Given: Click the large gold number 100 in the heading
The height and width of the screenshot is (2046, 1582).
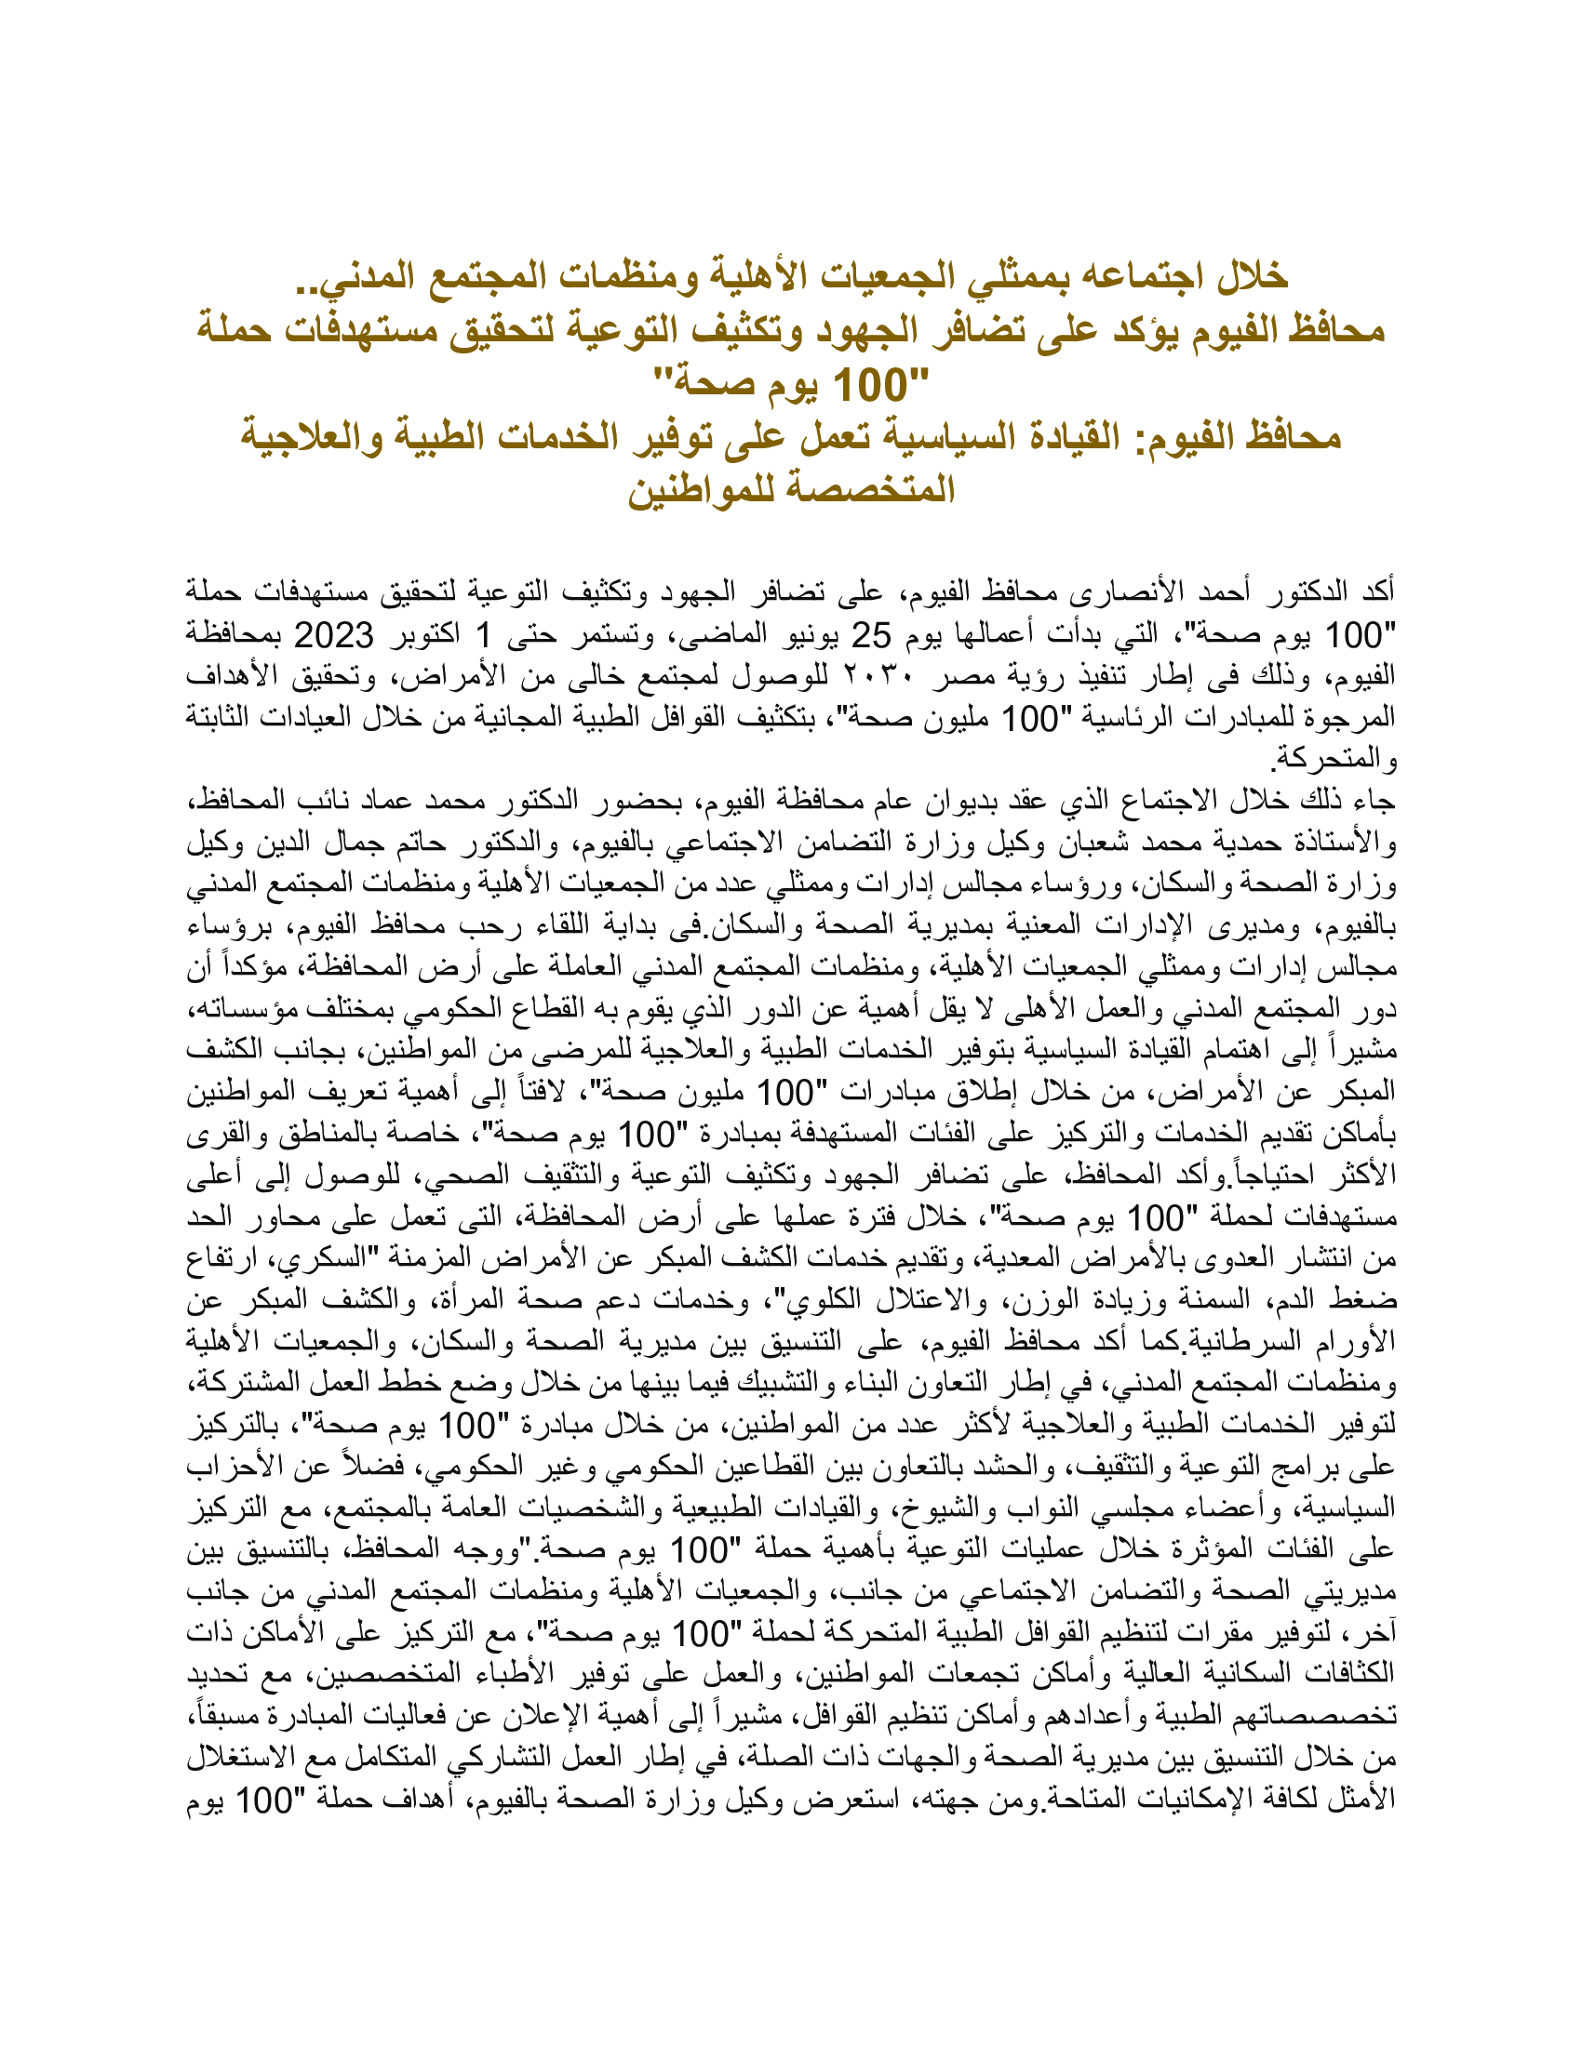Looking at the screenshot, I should (871, 384).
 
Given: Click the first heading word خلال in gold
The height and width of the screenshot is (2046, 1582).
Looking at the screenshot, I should (1243, 275).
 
